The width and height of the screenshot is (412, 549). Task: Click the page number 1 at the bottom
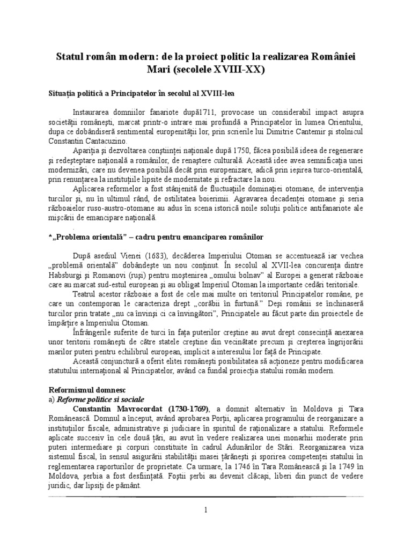pyautogui.click(x=205, y=509)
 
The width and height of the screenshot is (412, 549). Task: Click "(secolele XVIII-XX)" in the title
pyautogui.click(x=228, y=69)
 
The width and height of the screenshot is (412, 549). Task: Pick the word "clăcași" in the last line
pyautogui.click(x=217, y=482)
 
